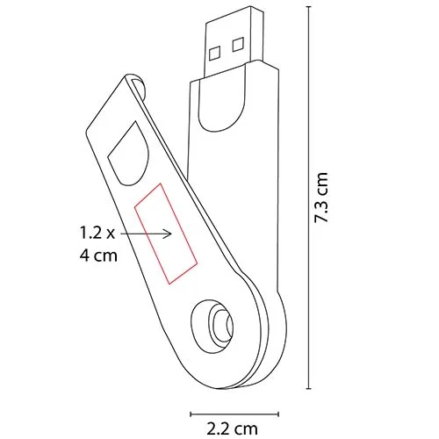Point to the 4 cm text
(x=97, y=257)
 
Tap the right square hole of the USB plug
(x=238, y=42)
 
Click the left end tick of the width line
(x=191, y=409)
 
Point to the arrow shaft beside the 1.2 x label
(x=145, y=233)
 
